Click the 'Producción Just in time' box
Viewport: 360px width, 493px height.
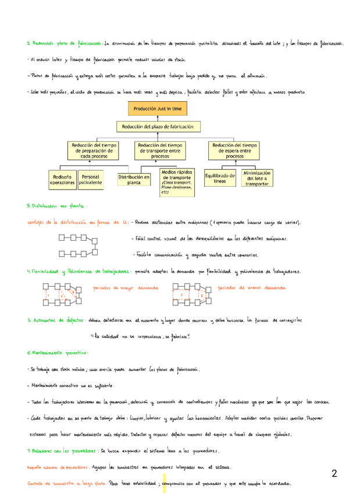(157, 109)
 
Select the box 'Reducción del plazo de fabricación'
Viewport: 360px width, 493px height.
(157, 127)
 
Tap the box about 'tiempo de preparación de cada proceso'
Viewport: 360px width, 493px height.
(93, 151)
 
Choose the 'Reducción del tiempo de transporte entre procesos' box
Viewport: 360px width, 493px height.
(159, 151)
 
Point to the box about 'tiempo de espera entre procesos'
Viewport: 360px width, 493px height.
(234, 151)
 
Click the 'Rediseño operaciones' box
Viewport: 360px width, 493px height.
(62, 180)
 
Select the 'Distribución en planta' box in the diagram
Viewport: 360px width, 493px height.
(134, 180)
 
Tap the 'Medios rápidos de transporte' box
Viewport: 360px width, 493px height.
(176, 182)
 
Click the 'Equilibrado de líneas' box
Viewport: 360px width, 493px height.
(220, 178)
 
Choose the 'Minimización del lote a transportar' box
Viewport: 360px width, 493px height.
(257, 178)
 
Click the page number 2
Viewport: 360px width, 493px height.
(334, 473)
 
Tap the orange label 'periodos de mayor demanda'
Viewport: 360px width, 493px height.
(125, 288)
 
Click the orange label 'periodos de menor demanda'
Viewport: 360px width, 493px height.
(251, 288)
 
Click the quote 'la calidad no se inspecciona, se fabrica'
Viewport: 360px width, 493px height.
(141, 337)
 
